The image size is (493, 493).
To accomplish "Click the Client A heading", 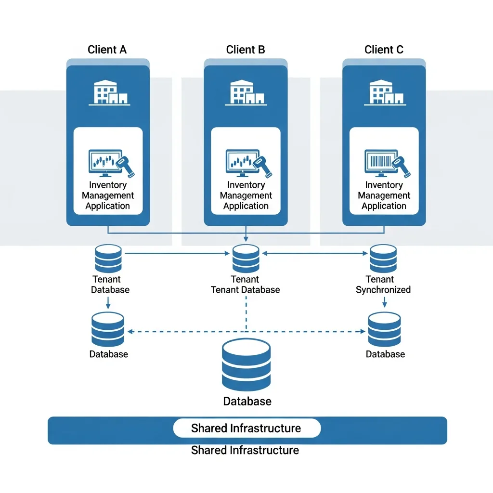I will [x=107, y=50].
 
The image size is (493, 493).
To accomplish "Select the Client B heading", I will [x=246, y=50].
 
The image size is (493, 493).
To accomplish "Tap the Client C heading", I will [x=384, y=50].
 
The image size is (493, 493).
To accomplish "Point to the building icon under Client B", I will [x=246, y=92].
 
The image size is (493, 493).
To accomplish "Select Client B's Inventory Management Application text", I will [x=246, y=195].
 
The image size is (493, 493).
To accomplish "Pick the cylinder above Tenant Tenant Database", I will [x=246, y=259].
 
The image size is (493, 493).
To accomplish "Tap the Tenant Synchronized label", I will [x=383, y=285].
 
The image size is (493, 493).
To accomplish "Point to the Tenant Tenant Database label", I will [x=246, y=285].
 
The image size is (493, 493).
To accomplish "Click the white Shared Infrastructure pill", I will [x=246, y=428].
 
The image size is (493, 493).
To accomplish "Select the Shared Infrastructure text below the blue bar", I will [x=245, y=451].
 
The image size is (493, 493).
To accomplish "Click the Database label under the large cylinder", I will [x=247, y=401].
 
